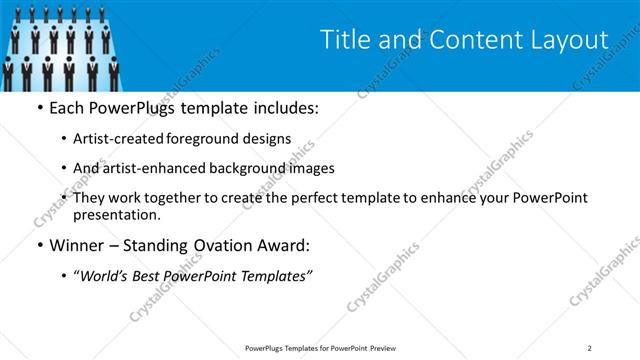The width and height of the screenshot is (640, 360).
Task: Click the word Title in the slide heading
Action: click(344, 40)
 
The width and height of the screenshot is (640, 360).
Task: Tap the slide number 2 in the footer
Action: click(590, 348)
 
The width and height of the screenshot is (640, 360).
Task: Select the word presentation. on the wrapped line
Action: click(117, 215)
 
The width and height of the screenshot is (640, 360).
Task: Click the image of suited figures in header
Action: click(62, 45)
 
